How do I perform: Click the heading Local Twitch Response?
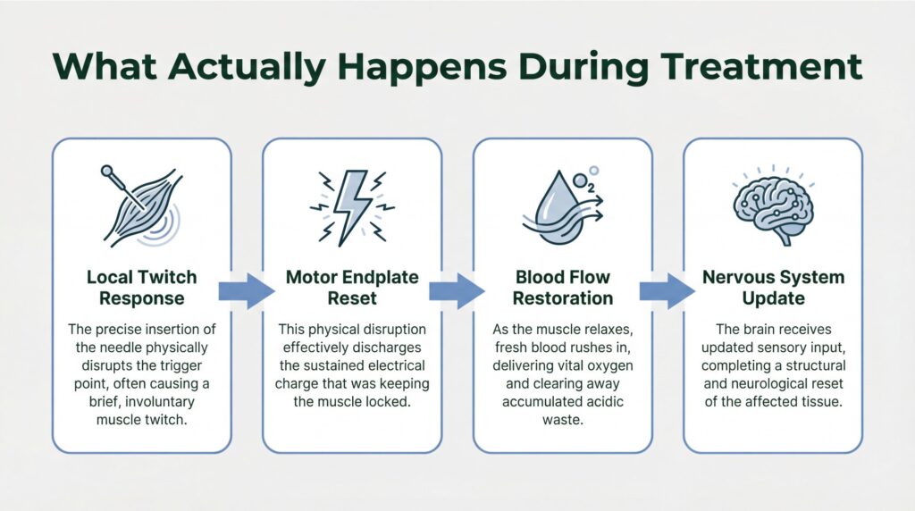coord(142,288)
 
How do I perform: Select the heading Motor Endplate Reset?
coord(352,288)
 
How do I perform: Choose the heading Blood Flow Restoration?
coord(562,288)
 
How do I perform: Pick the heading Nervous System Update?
coord(773,288)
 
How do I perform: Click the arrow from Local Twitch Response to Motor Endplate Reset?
coord(248,290)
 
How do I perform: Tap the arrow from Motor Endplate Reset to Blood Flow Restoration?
coord(457,290)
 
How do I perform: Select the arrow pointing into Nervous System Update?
coord(667,290)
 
